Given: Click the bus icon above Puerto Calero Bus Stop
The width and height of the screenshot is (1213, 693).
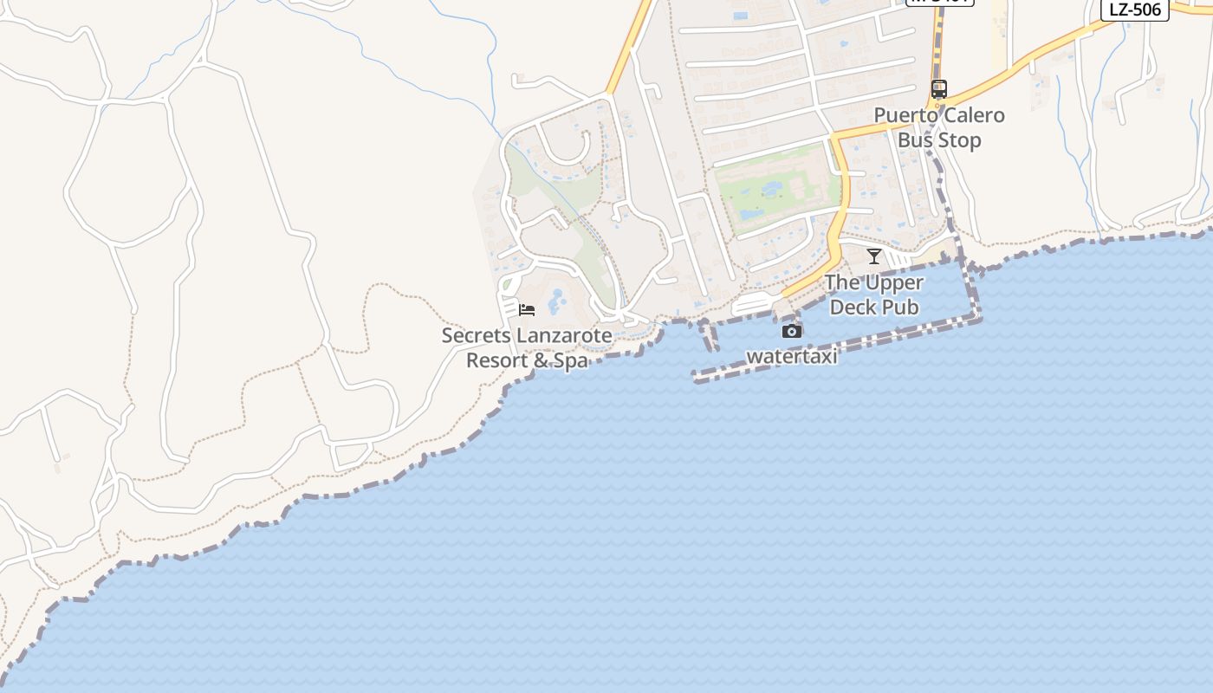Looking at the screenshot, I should (x=939, y=88).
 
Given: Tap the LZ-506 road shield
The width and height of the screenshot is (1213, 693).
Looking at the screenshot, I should (x=1135, y=10).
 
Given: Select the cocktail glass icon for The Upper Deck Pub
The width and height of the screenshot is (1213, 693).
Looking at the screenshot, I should (x=874, y=256).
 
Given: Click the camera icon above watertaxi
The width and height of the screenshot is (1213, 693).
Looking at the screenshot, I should (x=791, y=331).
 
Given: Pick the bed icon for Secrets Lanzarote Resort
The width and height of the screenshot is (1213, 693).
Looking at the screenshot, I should (x=527, y=309).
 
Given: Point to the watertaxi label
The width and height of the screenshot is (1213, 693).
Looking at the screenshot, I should (x=792, y=356).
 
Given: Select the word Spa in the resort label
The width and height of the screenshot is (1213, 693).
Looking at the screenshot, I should (x=571, y=360).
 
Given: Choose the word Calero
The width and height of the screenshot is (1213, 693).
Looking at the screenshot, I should (x=974, y=115).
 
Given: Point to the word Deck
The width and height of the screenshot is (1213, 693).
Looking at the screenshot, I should (x=853, y=307).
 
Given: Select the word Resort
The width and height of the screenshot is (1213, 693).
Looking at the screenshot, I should (x=496, y=360).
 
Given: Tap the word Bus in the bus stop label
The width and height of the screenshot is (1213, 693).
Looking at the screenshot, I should (x=915, y=140).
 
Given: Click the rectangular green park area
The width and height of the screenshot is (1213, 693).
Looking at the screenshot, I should (x=776, y=189).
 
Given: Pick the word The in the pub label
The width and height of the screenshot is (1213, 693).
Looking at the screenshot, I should (x=842, y=282).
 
